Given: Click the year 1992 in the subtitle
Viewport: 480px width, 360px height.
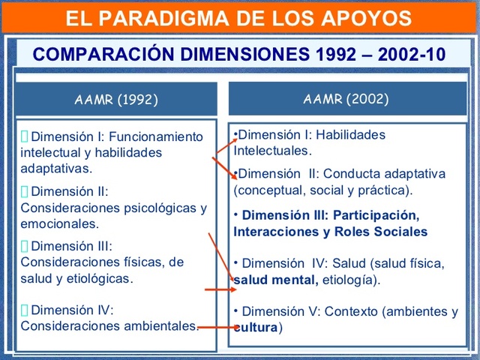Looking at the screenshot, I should (x=333, y=55).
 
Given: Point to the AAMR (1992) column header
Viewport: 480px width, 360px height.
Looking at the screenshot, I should (x=116, y=99).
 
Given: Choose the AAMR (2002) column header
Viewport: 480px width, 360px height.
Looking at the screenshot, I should (x=346, y=98).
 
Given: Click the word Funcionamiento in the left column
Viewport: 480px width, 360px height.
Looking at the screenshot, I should (x=156, y=136).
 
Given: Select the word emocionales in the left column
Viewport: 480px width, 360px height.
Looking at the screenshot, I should (x=59, y=223).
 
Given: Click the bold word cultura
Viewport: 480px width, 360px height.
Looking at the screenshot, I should (x=256, y=328).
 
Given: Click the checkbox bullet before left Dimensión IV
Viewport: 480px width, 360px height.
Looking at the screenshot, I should (x=25, y=310).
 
